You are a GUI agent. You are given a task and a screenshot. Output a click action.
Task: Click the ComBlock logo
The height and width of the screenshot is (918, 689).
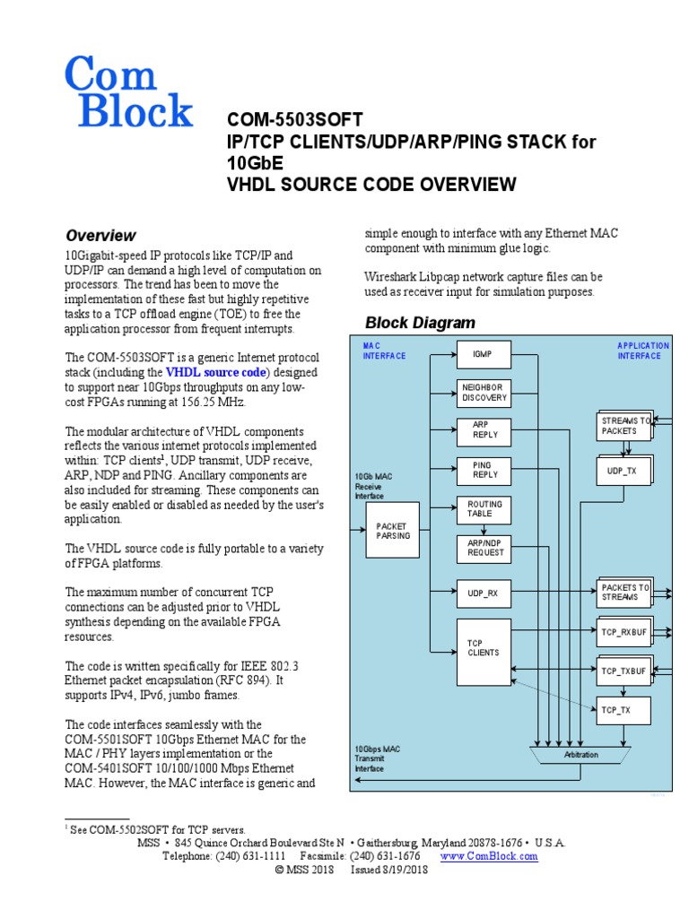pyautogui.click(x=128, y=91)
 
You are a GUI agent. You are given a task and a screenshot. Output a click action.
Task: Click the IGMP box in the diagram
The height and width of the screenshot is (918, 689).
pyautogui.click(x=484, y=355)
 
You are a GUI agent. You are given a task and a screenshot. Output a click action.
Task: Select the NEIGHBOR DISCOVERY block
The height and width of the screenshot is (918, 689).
pyautogui.click(x=484, y=393)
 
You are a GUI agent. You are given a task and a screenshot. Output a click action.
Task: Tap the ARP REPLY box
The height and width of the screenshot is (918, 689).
pyautogui.click(x=484, y=430)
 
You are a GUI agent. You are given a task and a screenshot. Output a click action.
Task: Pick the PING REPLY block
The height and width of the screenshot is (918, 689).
pyautogui.click(x=484, y=470)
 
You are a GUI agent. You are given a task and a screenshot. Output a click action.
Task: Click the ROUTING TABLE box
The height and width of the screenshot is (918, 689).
pyautogui.click(x=484, y=509)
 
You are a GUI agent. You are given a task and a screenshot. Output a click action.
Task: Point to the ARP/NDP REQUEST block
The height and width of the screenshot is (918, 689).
pyautogui.click(x=484, y=548)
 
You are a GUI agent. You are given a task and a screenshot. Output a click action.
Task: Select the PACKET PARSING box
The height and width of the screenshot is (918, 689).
pyautogui.click(x=391, y=531)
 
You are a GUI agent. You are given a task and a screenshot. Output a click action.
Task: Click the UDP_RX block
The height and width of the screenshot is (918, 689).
pyautogui.click(x=484, y=592)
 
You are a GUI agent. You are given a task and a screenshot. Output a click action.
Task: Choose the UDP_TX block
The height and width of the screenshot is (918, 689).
pyautogui.click(x=623, y=471)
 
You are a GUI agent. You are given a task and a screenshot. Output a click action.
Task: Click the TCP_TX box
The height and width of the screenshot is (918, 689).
pyautogui.click(x=623, y=710)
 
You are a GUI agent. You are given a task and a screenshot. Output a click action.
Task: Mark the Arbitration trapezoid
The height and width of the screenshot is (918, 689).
pyautogui.click(x=580, y=755)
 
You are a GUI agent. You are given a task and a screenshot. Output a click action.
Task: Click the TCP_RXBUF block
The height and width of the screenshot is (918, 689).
pyautogui.click(x=623, y=631)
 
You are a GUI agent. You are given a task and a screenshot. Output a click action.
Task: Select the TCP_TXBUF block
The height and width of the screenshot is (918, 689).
pyautogui.click(x=623, y=671)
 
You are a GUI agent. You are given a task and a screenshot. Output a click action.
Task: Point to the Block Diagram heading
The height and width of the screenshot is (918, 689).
pyautogui.click(x=420, y=323)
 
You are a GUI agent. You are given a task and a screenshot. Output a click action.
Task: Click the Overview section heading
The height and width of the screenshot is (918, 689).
pyautogui.click(x=100, y=236)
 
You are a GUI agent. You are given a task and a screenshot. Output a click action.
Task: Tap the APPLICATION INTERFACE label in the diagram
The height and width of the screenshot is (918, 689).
pyautogui.click(x=642, y=351)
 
